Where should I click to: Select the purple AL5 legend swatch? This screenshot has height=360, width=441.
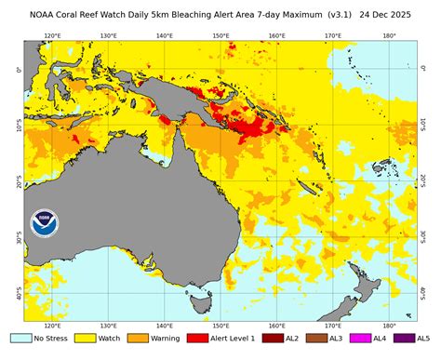tap(414, 338)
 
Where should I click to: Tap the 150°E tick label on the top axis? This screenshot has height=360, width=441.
tap(220, 36)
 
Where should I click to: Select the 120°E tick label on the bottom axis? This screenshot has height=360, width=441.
tap(52, 327)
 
